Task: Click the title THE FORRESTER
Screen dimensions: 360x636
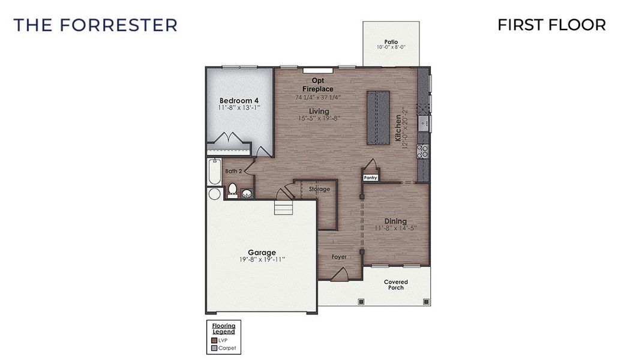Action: coord(95,25)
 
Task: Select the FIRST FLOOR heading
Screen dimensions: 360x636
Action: coord(551,25)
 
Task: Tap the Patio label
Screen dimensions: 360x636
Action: coord(391,41)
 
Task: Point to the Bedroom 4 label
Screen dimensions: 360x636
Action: coord(239,100)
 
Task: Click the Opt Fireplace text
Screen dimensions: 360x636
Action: coord(317,85)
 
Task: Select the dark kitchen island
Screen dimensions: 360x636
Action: coord(378,118)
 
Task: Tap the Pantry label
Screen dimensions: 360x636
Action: coord(370,178)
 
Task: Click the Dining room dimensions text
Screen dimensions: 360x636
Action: coord(395,229)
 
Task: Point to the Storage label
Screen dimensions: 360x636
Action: coord(319,189)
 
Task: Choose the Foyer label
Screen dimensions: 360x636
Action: coord(339,257)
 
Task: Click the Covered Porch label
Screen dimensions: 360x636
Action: coord(395,284)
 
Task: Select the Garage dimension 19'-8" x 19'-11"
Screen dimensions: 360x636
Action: coord(262,260)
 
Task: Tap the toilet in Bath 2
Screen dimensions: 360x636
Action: coord(232,190)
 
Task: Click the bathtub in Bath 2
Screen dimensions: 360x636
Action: coord(214,172)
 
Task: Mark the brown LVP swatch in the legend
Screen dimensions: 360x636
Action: coord(214,340)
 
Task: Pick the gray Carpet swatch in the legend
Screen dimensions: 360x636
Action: coord(214,347)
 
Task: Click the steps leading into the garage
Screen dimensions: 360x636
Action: coord(283,208)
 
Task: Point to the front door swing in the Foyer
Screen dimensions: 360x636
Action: coord(339,275)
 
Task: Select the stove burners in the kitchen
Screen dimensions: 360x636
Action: coord(422,151)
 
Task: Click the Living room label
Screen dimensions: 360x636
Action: coord(319,111)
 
